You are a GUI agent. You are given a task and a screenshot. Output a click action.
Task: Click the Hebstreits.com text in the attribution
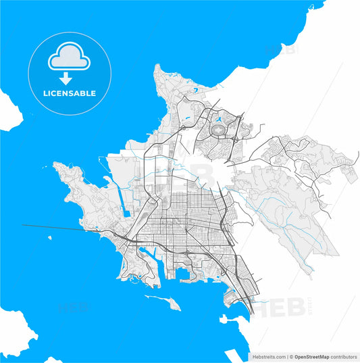click(x=266, y=356)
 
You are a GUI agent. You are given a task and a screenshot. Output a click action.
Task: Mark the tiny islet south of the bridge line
click(x=49, y=239)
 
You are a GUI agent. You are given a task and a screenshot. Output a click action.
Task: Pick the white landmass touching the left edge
click(x=7, y=108)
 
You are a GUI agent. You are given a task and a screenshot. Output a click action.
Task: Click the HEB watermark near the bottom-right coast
click(x=267, y=305)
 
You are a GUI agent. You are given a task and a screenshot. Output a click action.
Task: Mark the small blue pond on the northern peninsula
click(x=195, y=90)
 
